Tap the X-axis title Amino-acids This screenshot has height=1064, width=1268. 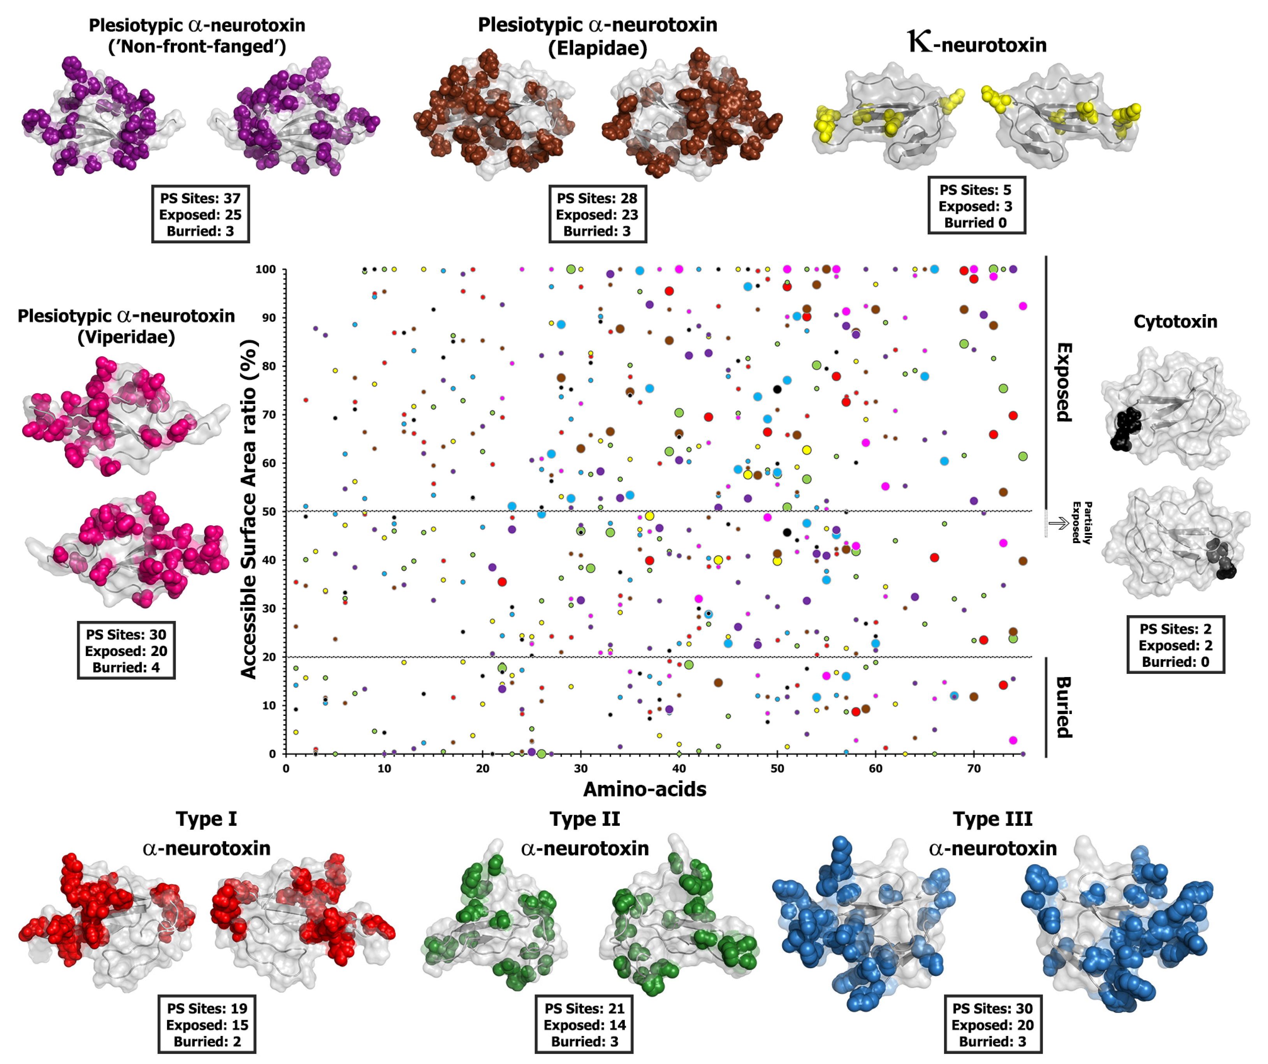point(644,789)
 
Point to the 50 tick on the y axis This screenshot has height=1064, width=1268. point(269,512)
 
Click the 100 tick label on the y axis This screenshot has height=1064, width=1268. point(266,269)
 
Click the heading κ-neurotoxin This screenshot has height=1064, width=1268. point(976,44)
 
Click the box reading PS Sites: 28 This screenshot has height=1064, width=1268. point(597,215)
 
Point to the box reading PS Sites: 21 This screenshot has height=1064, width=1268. point(584,1025)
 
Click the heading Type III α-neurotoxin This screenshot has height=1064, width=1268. point(992,833)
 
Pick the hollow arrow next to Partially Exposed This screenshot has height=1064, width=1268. point(1058,523)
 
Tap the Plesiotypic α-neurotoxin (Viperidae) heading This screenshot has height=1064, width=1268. point(126,326)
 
